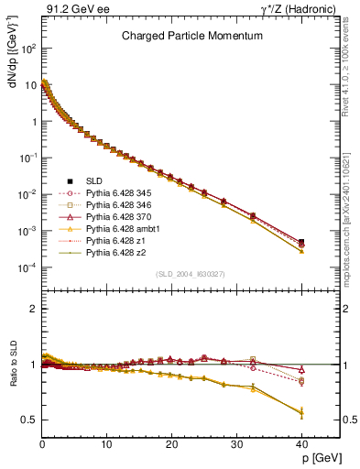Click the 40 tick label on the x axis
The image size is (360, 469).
[301, 444]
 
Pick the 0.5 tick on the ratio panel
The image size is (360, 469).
[29, 420]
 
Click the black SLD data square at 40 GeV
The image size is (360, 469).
[301, 242]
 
